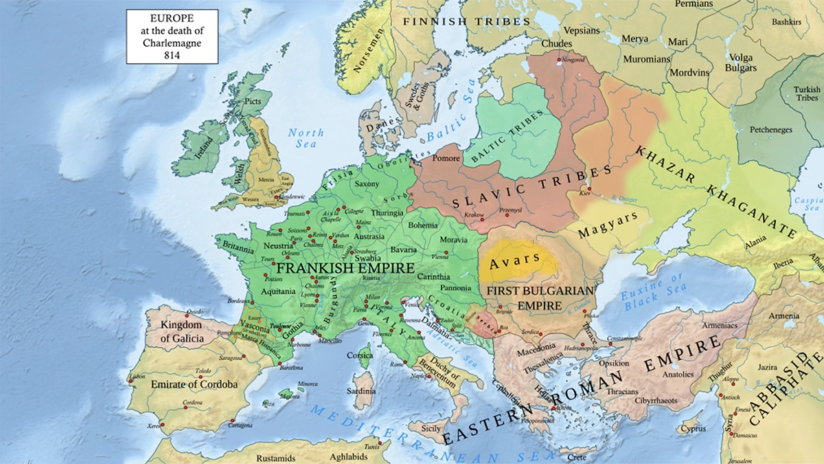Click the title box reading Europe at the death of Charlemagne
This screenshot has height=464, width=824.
pos(172,36)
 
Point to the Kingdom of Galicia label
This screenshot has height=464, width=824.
pos(181,331)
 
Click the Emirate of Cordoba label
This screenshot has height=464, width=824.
pos(194,384)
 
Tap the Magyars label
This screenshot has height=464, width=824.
pos(608,224)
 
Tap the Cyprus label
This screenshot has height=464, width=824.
pos(691,430)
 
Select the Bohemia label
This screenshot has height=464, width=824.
pos(422,225)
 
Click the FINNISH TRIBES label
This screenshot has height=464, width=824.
pos(466,21)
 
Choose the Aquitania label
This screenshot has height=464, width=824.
pos(278,292)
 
